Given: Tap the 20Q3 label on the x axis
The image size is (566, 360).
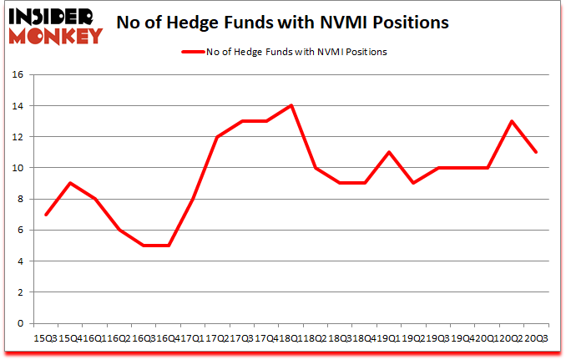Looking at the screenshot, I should pyautogui.click(x=536, y=337).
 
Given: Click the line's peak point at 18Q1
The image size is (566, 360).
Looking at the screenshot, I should pyautogui.click(x=291, y=105).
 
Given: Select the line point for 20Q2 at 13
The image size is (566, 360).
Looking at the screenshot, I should pyautogui.click(x=511, y=121).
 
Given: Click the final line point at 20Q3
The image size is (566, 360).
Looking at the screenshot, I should pyautogui.click(x=535, y=152).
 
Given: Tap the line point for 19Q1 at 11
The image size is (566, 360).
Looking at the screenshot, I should pyautogui.click(x=388, y=152).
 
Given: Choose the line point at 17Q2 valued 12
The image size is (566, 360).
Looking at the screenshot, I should pyautogui.click(x=216, y=137).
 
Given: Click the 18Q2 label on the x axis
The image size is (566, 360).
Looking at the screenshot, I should pyautogui.click(x=315, y=337).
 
